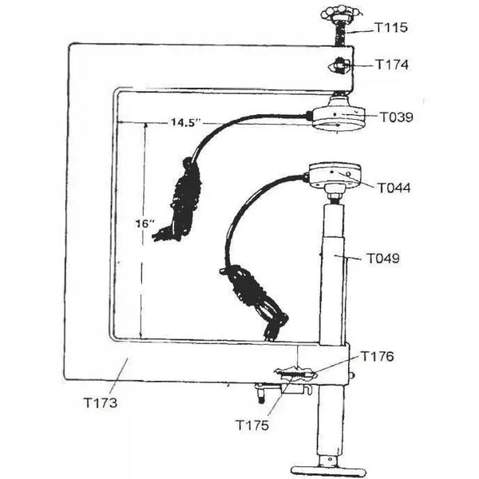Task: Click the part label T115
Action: point(391,27)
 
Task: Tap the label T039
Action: point(396,117)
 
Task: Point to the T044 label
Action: point(394,188)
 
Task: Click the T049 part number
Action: point(384,259)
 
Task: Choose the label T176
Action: point(378,356)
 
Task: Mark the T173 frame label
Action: point(100,402)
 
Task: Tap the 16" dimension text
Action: point(144,224)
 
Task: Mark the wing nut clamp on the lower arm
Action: point(295,372)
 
